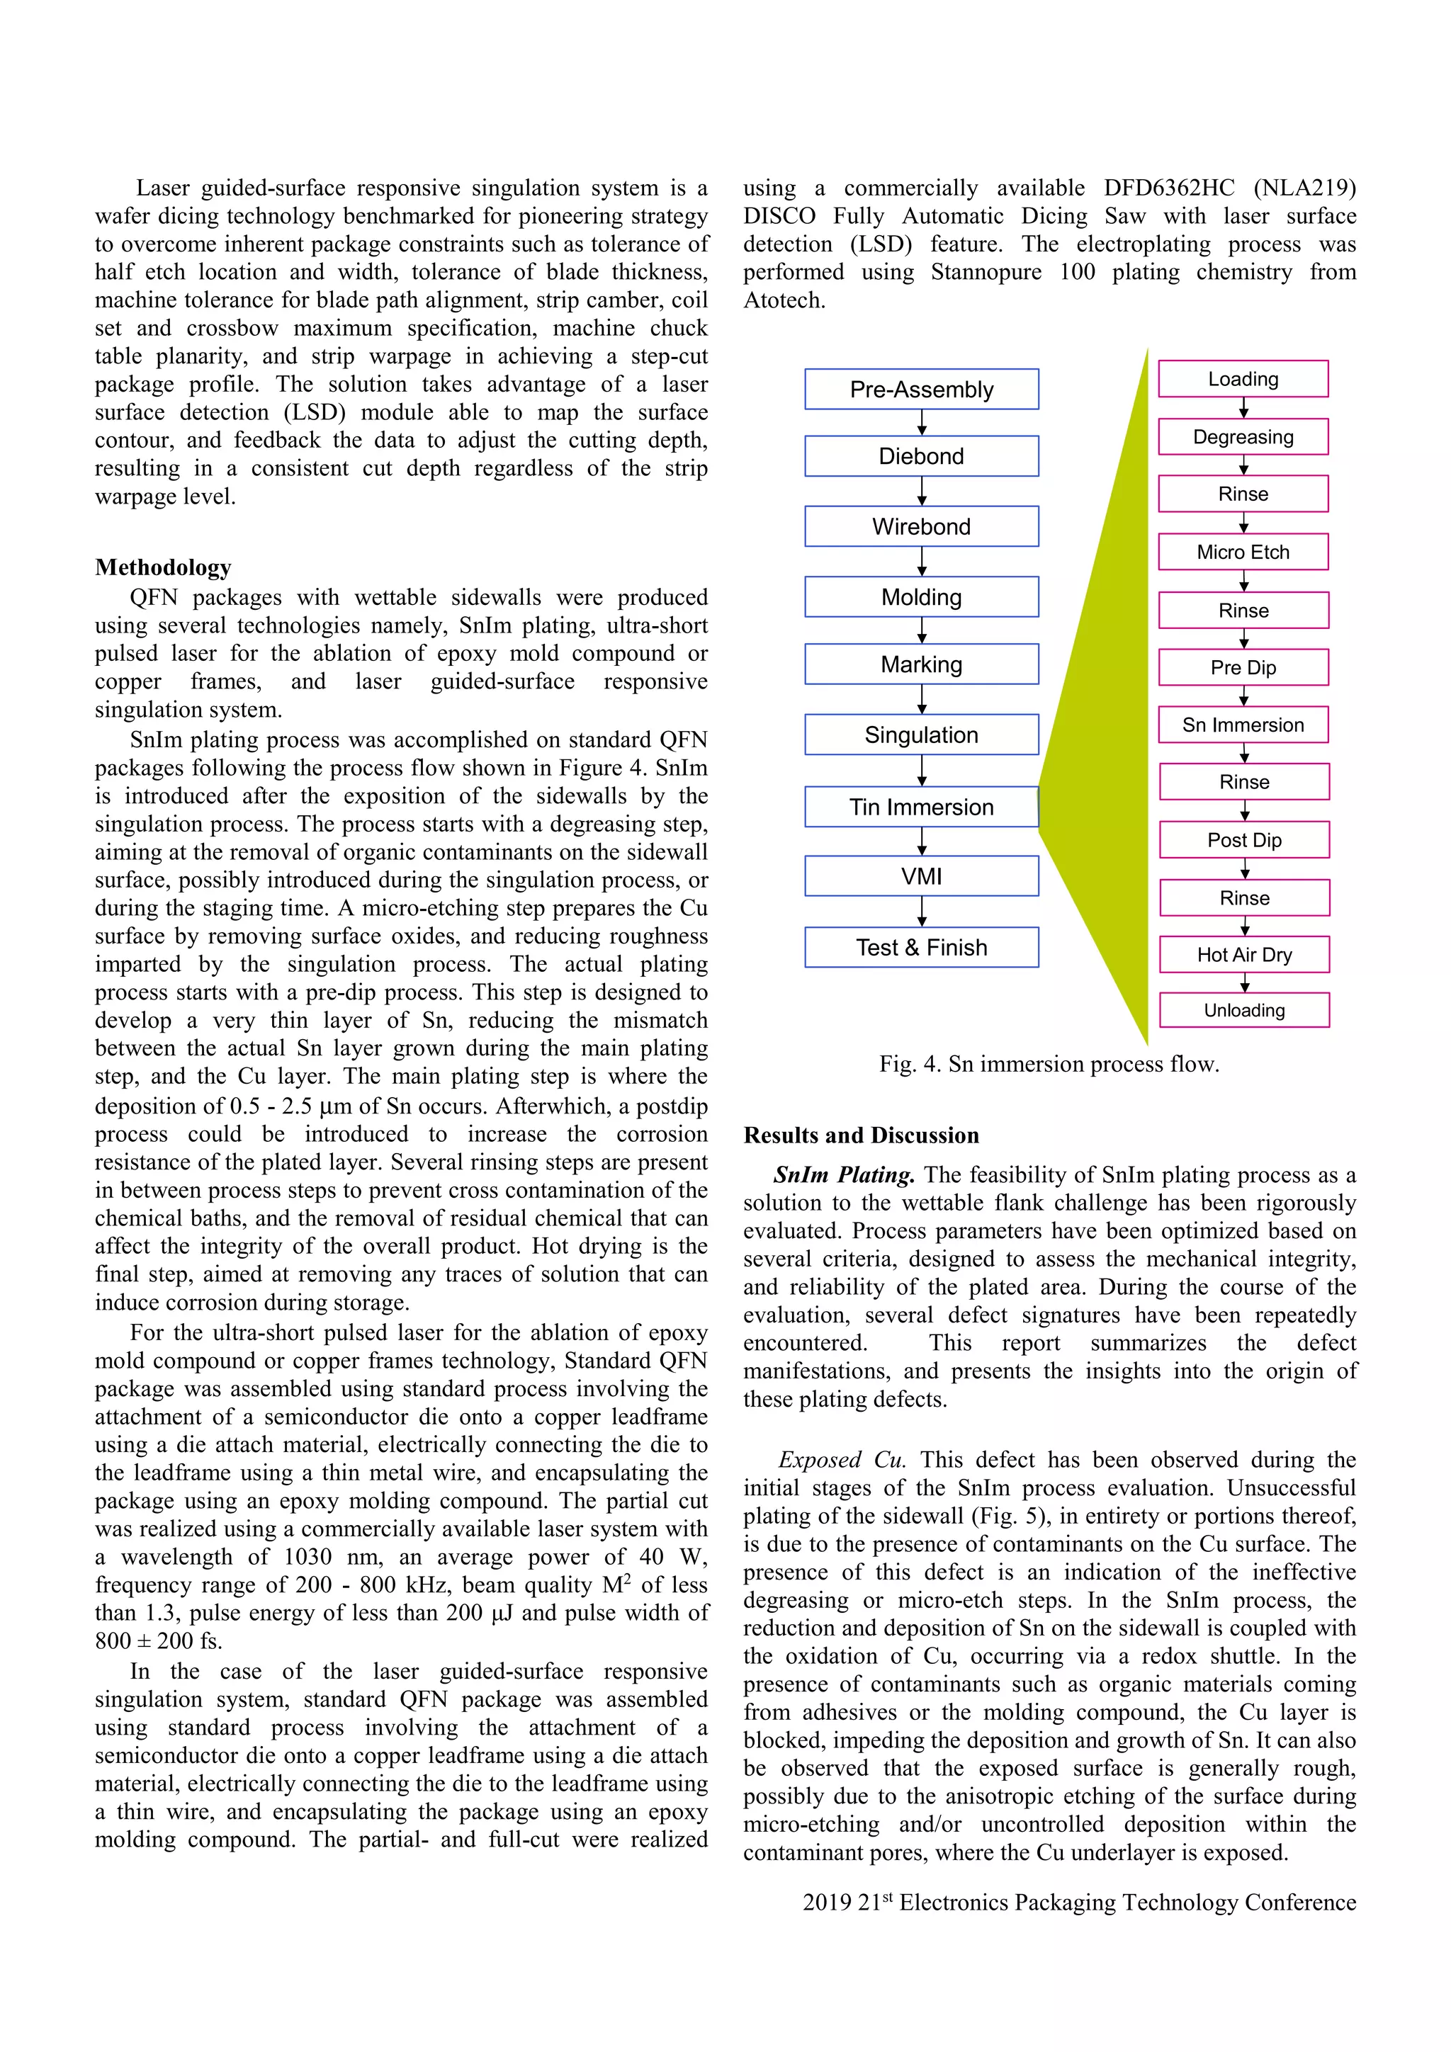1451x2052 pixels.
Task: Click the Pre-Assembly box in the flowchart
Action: tap(921, 390)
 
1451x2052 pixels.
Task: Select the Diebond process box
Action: tap(921, 457)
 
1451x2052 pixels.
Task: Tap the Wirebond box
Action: tap(921, 526)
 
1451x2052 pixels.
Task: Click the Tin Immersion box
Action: tap(921, 807)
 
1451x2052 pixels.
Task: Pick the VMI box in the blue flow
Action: tap(921, 877)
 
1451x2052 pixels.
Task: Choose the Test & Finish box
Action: tap(921, 947)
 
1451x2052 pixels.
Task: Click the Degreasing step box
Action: tap(1243, 437)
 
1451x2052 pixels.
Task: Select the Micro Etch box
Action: tap(1243, 552)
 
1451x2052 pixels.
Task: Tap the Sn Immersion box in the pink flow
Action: tap(1243, 725)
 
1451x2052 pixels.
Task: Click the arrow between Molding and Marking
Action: tap(922, 631)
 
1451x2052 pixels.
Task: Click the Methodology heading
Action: tap(163, 567)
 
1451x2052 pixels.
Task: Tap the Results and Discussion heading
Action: tap(861, 1135)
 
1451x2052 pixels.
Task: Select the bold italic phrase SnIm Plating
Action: tap(844, 1174)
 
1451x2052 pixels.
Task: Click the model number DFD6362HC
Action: tap(1168, 188)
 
